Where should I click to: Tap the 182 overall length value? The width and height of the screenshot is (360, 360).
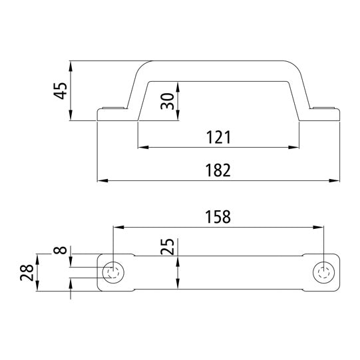(x=218, y=170)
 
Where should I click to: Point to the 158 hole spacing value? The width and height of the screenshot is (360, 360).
(x=218, y=216)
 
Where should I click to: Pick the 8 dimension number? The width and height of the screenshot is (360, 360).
(x=61, y=252)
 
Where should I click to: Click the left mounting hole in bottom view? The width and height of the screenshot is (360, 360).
(x=112, y=273)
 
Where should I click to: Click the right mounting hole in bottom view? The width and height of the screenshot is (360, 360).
(x=324, y=273)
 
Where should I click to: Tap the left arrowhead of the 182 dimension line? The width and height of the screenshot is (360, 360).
(x=102, y=180)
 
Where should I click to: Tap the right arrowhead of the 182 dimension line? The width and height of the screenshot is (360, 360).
(x=336, y=180)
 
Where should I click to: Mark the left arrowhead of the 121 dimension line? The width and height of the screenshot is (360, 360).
(x=141, y=147)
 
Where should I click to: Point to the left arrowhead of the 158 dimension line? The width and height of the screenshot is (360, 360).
(x=117, y=226)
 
